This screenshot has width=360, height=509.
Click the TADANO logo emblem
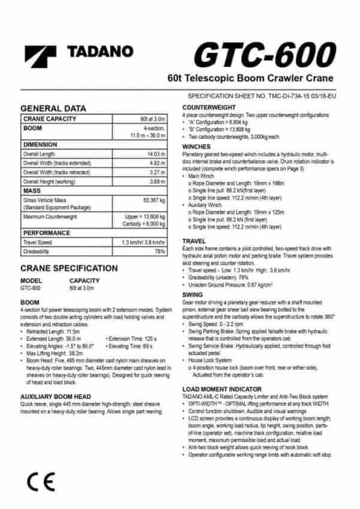(40, 58)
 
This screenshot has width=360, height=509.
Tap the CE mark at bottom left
(40, 480)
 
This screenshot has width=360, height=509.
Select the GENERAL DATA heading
(53, 109)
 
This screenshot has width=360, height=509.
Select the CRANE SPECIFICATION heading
(69, 268)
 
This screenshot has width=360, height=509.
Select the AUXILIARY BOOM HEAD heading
(55, 397)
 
